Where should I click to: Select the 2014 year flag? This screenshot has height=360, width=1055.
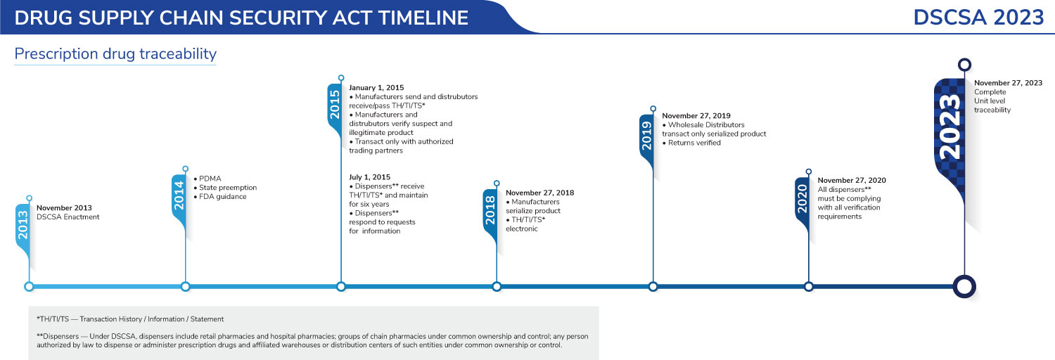click(x=179, y=197)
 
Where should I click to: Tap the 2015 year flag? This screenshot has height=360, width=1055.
click(x=335, y=105)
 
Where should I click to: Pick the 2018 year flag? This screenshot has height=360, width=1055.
click(x=491, y=210)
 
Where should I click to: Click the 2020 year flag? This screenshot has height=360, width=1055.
click(x=803, y=198)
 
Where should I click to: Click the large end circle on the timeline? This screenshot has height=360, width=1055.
click(x=965, y=286)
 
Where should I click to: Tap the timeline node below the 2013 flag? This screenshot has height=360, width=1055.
click(x=29, y=286)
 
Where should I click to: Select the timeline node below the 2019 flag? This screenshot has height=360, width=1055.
click(x=653, y=286)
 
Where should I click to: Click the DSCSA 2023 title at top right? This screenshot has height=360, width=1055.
click(x=978, y=18)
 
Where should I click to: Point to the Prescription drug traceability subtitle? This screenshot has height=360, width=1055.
click(x=115, y=54)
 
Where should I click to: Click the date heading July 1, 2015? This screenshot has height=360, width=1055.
click(x=369, y=176)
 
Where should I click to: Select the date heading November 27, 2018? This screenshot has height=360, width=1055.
click(x=539, y=192)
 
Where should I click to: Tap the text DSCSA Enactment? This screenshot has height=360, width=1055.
click(x=68, y=217)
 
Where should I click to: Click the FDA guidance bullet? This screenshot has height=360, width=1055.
click(x=219, y=197)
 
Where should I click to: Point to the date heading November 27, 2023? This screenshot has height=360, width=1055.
click(x=1008, y=83)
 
